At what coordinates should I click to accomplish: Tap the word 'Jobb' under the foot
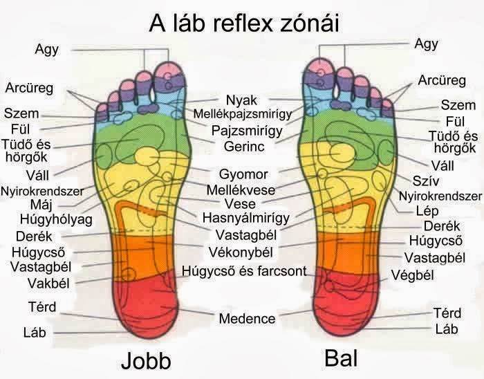pyautogui.click(x=145, y=361)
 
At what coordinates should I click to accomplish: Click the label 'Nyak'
pyautogui.click(x=242, y=100)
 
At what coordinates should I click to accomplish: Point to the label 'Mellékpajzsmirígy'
pyautogui.click(x=242, y=113)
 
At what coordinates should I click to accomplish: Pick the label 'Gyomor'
pyautogui.click(x=243, y=174)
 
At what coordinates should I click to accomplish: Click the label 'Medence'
pyautogui.click(x=247, y=319)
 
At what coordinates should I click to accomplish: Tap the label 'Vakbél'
pyautogui.click(x=47, y=283)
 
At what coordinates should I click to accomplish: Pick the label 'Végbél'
pyautogui.click(x=413, y=275)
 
